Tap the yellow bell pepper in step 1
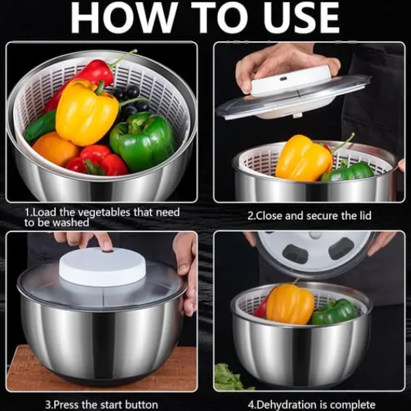[86, 112]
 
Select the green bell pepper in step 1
[143, 140]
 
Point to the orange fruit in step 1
[55, 149]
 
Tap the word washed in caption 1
[71, 223]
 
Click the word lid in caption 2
[364, 216]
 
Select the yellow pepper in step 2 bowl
[303, 158]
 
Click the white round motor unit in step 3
[102, 266]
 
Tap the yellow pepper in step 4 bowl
[290, 304]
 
